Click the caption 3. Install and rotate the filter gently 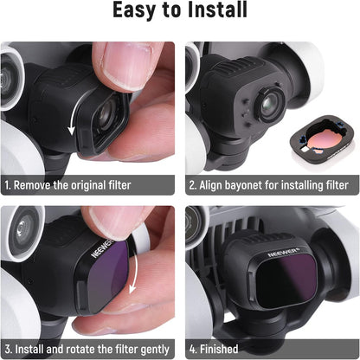click(90, 348)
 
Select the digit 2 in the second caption click(193, 184)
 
